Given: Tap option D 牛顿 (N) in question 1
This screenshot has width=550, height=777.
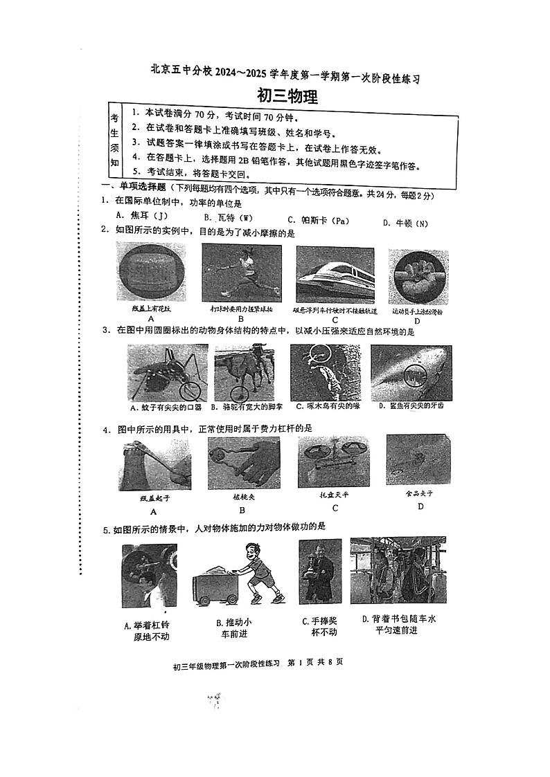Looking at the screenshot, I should (x=406, y=223).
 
